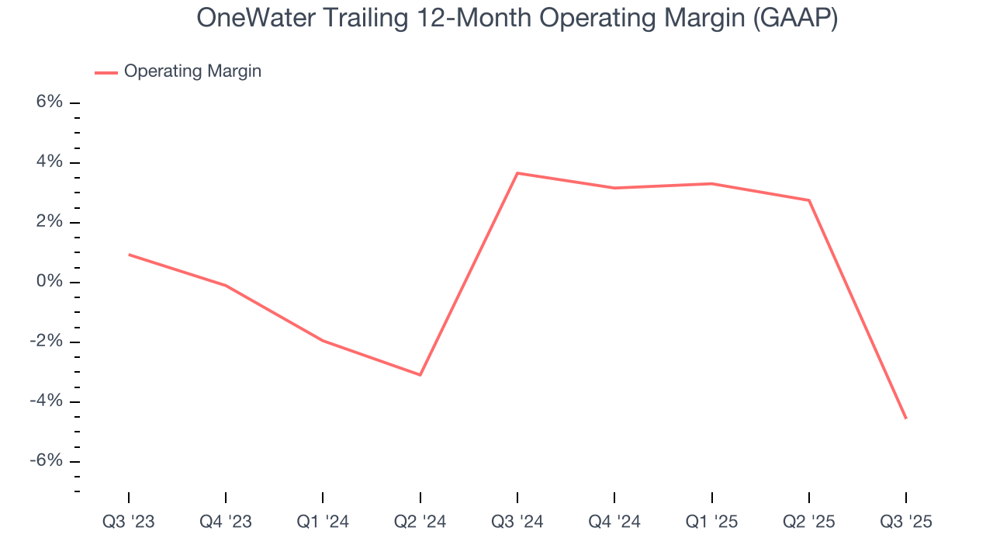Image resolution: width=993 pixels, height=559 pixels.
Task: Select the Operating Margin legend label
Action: [x=192, y=71]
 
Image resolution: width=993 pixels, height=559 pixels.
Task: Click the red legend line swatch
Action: [x=106, y=72]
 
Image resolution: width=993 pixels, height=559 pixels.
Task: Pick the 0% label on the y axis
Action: [x=50, y=282]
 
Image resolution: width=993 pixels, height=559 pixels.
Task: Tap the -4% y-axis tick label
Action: [x=47, y=401]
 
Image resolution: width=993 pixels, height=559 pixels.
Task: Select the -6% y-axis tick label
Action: [x=47, y=461]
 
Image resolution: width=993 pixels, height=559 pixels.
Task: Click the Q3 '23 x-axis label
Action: [x=129, y=522]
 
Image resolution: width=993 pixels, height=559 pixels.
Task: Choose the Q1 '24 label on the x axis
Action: [x=323, y=522]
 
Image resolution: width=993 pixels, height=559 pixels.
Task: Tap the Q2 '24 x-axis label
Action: [x=420, y=522]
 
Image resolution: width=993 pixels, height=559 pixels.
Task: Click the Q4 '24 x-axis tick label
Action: [x=614, y=522]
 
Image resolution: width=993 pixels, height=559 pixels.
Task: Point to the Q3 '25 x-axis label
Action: [x=906, y=522]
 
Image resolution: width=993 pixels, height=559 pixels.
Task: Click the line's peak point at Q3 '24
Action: [x=517, y=173]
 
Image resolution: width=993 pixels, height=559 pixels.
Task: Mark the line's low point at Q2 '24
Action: [x=420, y=375]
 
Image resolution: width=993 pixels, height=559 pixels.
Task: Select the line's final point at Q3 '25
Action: [x=906, y=418]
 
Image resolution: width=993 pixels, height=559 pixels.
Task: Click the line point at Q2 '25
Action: [x=809, y=200]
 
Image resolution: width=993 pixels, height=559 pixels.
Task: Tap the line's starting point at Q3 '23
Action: [x=129, y=254]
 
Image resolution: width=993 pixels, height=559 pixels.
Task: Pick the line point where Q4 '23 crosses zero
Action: [x=226, y=286]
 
